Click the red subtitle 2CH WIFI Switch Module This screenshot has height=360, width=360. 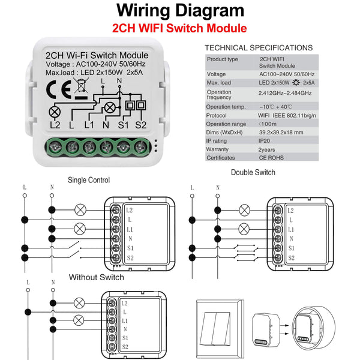coord(179,28)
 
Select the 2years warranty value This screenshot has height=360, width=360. coord(267,149)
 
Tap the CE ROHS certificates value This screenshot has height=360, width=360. coord(271,158)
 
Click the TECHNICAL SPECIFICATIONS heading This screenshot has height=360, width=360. coord(259,47)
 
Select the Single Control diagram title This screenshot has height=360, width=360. coord(88,179)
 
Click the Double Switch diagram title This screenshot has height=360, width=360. coord(253,173)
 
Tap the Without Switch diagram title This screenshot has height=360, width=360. coord(96,277)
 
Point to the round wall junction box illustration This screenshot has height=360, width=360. coord(315,327)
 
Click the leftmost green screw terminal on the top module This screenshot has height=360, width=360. coord(56,146)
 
